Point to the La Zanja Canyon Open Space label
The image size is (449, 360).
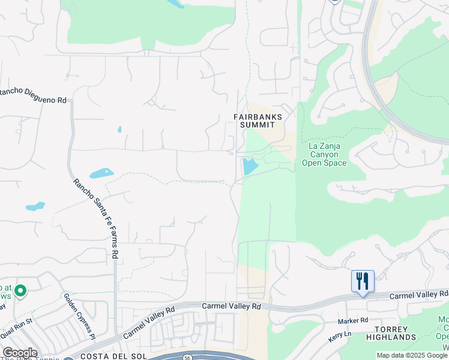coord(324,154)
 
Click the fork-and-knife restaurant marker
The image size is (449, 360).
coord(363,281)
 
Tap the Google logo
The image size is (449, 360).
coord(20,353)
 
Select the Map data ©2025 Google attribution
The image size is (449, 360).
coord(412,355)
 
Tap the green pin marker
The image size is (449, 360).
coord(20,292)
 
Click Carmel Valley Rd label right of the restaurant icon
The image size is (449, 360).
coord(419,295)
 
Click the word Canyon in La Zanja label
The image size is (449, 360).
coord(324,154)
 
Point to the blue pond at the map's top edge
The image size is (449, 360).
coord(176,4)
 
